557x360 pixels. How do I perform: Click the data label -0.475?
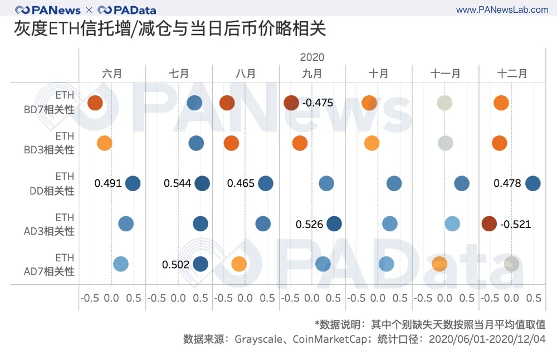click(317, 103)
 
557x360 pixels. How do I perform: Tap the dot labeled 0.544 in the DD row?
click(202, 183)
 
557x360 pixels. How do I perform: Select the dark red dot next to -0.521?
click(489, 224)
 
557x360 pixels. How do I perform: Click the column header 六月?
click(112, 74)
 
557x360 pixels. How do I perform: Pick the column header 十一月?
click(445, 74)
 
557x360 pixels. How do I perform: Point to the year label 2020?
click(312, 57)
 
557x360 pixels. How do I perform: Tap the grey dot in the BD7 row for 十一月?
click(444, 103)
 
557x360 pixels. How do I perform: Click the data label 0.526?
click(310, 224)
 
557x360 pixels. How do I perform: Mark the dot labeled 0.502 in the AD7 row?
click(201, 265)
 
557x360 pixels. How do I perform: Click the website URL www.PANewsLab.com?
click(502, 10)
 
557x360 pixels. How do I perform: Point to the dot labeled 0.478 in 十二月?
click(533, 183)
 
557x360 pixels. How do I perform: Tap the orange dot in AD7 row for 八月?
click(239, 264)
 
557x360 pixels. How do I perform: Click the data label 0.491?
click(108, 183)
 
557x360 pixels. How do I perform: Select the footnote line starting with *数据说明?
click(430, 324)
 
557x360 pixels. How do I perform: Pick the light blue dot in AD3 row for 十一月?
click(452, 224)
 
